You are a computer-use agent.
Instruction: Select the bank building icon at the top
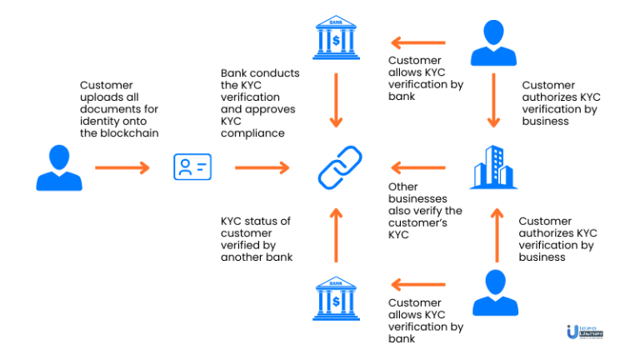(x=336, y=38)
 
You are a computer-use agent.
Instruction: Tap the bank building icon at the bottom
(x=336, y=299)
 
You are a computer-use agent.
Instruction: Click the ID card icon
(x=192, y=167)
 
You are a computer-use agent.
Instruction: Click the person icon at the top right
(x=492, y=43)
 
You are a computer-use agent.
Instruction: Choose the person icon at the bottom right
(x=492, y=292)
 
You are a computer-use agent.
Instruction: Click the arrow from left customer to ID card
(x=122, y=167)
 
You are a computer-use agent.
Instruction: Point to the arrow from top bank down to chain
(x=336, y=100)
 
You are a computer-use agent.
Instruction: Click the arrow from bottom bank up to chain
(x=336, y=235)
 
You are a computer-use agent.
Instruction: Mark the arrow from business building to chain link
(x=419, y=167)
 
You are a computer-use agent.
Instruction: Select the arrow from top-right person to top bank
(x=419, y=42)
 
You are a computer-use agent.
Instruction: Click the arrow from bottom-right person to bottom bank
(x=419, y=285)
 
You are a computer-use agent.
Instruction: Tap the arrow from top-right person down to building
(x=492, y=100)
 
